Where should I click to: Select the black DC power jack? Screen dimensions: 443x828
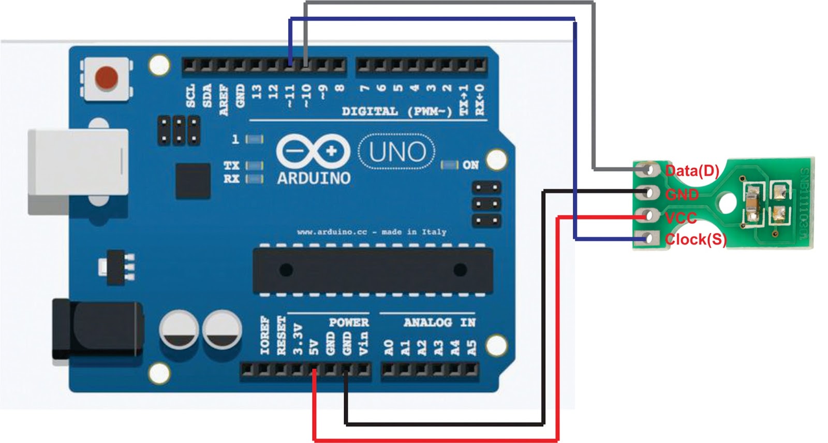point(98,329)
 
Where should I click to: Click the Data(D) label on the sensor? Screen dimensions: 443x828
point(692,170)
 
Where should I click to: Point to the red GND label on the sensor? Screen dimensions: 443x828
point(682,195)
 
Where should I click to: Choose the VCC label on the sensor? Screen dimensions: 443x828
point(681,218)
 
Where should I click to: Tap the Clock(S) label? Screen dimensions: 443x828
point(696,239)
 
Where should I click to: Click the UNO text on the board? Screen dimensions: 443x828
point(397,152)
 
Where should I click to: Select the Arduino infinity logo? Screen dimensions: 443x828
point(313,151)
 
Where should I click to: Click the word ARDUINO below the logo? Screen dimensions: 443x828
point(314,179)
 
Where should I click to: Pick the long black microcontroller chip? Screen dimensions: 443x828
point(373,270)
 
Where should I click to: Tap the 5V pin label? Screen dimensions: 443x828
point(314,347)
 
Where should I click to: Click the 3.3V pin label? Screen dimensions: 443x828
point(298,340)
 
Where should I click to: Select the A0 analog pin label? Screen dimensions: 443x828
point(389,347)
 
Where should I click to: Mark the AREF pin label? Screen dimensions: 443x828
point(224,99)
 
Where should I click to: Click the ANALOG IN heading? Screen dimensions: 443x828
point(439,322)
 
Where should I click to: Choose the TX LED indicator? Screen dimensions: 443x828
point(254,166)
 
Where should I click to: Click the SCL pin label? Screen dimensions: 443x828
point(191,96)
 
